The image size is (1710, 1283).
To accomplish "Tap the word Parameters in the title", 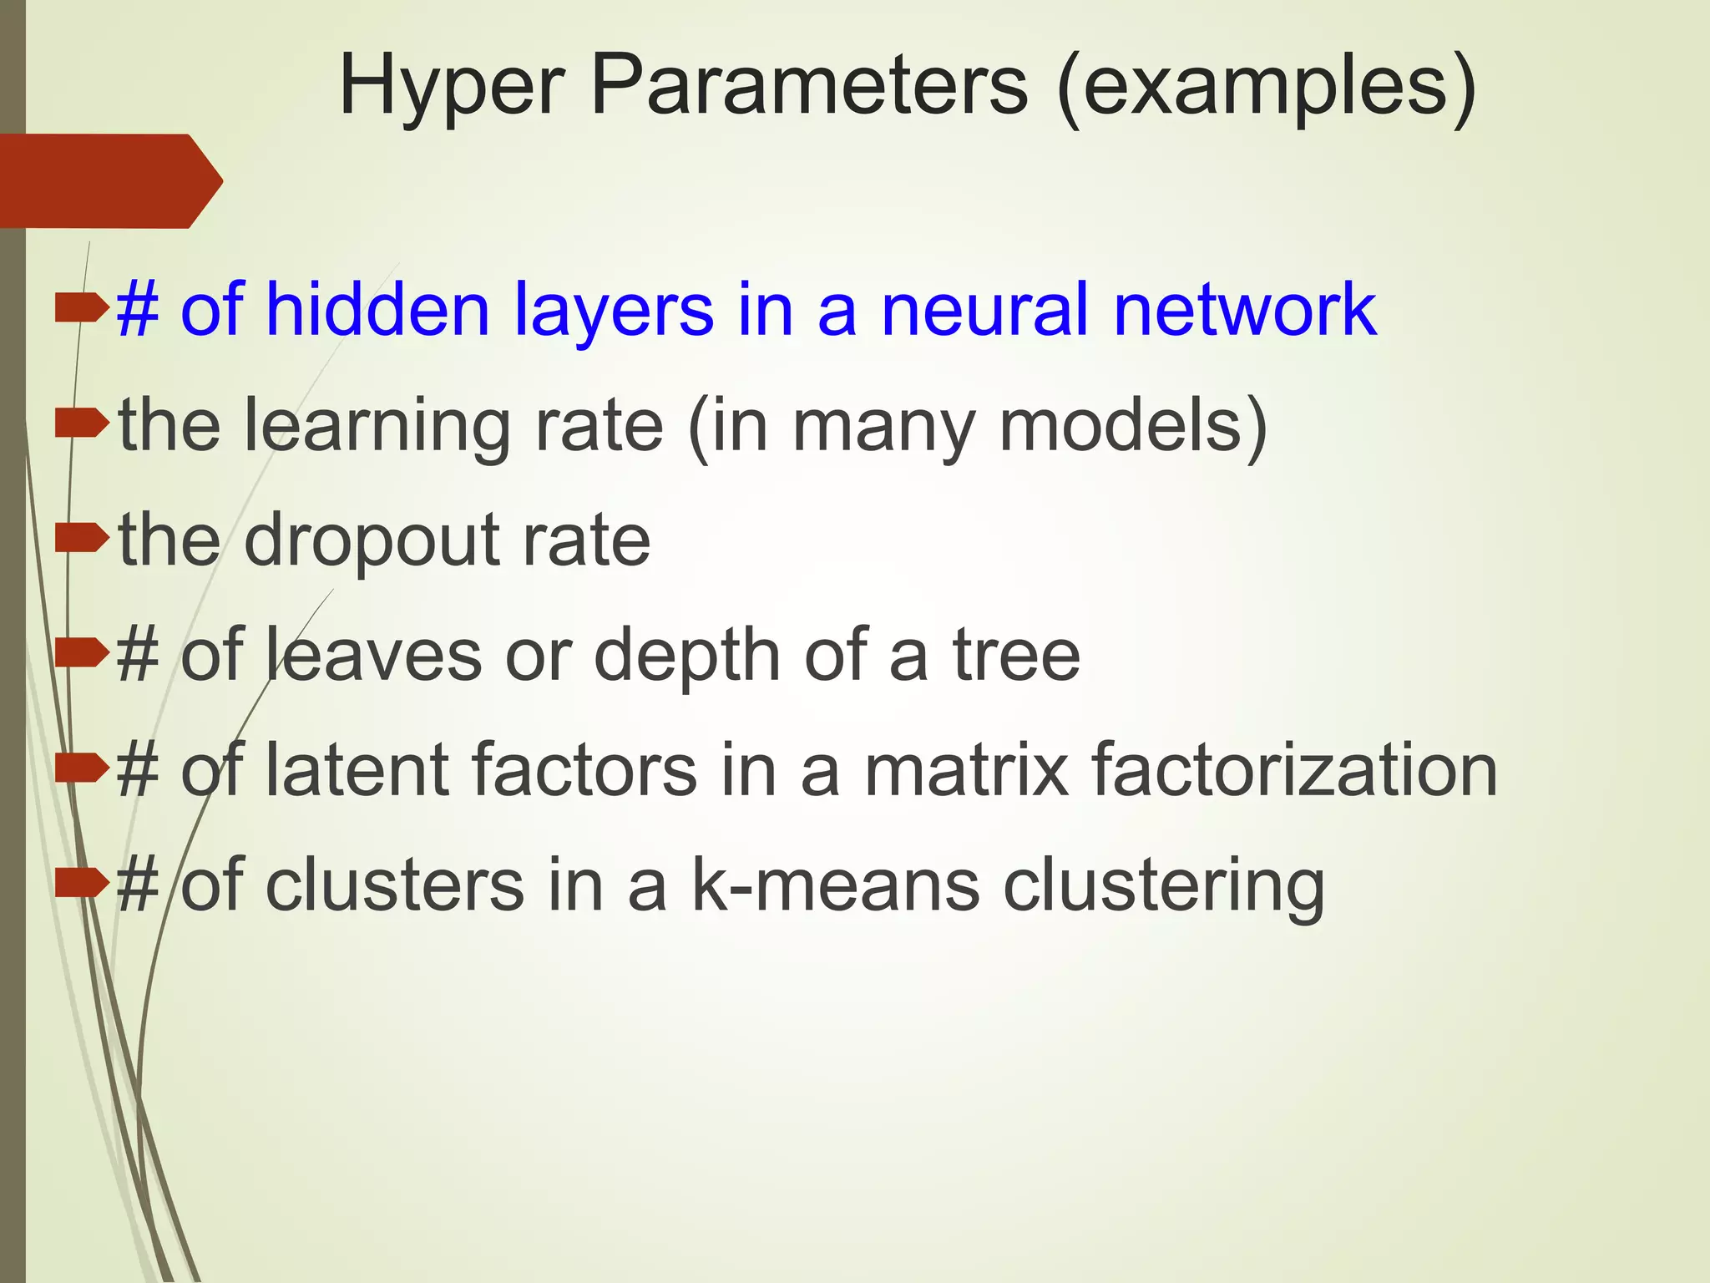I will point(808,86).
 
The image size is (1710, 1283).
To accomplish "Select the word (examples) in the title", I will point(1265,86).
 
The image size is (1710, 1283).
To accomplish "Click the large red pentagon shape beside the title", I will point(109,180).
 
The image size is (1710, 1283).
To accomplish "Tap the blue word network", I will point(1245,309).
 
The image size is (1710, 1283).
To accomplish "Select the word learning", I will point(377,426).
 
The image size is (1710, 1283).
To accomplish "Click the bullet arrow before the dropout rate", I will point(82,538).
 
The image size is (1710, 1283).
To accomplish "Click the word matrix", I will point(966,770).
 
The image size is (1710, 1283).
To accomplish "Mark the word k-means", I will point(836,885).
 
